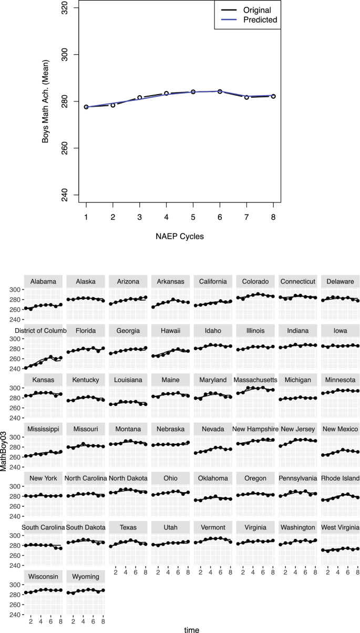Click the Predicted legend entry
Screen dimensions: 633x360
259,20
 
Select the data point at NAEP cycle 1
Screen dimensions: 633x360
86,107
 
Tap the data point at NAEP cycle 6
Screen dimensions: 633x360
220,91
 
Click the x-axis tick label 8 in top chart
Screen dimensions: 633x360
273,217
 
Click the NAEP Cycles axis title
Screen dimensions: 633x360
180,236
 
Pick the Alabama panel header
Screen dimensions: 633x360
43,281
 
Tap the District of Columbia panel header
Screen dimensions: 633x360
43,331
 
